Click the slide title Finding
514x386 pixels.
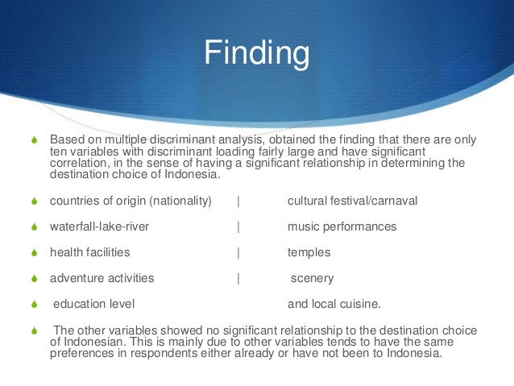click(256, 54)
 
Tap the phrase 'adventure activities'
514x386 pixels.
click(102, 278)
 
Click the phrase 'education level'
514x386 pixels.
click(93, 304)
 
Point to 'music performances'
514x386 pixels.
click(342, 226)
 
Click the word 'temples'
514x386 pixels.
click(309, 252)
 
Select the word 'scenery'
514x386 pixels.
click(312, 278)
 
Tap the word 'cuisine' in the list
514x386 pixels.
click(362, 304)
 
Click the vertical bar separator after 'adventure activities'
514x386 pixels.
click(238, 278)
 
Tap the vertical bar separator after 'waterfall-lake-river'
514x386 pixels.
click(238, 226)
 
